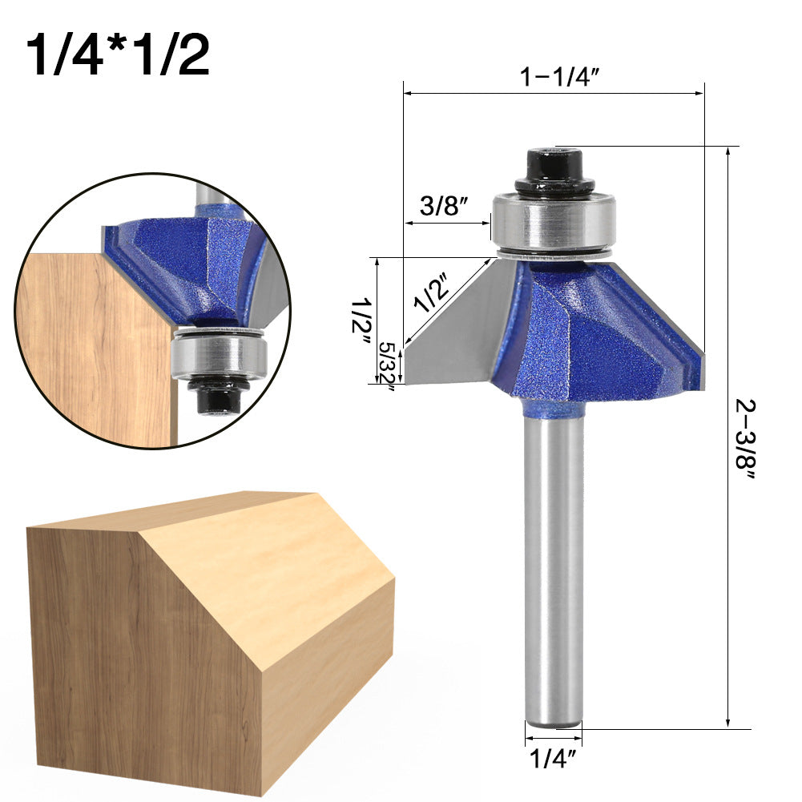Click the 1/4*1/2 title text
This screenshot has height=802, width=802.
pos(118,54)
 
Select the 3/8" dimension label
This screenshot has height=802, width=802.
pos(444,207)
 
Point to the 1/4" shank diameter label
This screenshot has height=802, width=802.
pos(554,757)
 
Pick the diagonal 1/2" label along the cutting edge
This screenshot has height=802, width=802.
pos(431,292)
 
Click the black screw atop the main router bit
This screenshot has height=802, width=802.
pos(554,170)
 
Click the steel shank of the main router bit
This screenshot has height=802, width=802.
pos(554,561)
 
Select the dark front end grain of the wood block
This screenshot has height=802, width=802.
pos(136,641)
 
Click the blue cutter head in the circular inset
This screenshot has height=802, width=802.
pos(192,264)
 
